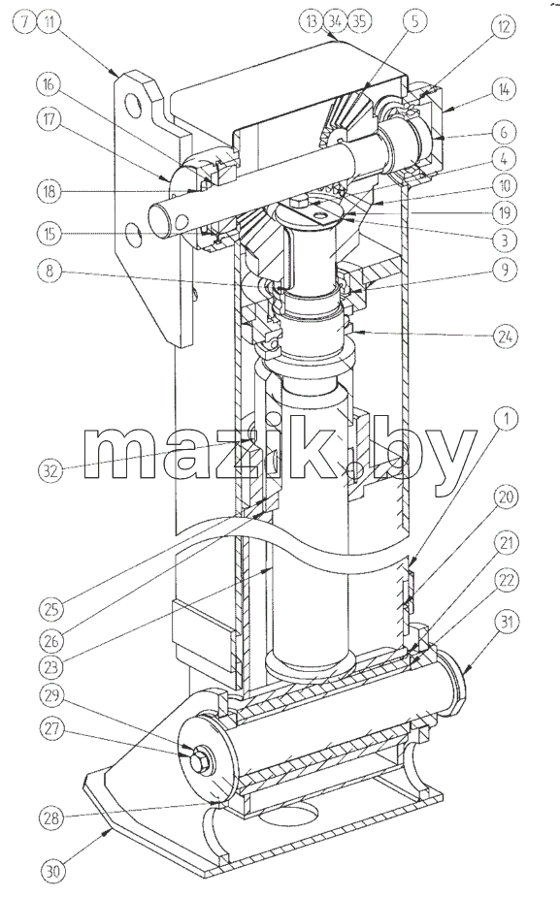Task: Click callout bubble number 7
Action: click(24, 23)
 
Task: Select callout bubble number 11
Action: click(49, 23)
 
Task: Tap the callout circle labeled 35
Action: click(359, 21)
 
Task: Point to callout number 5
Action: click(415, 21)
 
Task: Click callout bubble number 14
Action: click(504, 89)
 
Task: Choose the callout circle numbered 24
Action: click(506, 337)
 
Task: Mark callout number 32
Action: click(49, 470)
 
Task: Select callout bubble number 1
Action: click(506, 419)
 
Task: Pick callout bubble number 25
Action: click(51, 608)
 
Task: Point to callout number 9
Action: click(505, 269)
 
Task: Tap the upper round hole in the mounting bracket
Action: click(131, 104)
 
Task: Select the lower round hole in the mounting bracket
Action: click(133, 235)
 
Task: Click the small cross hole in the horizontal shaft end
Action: click(181, 221)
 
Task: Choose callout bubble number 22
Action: click(506, 580)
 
